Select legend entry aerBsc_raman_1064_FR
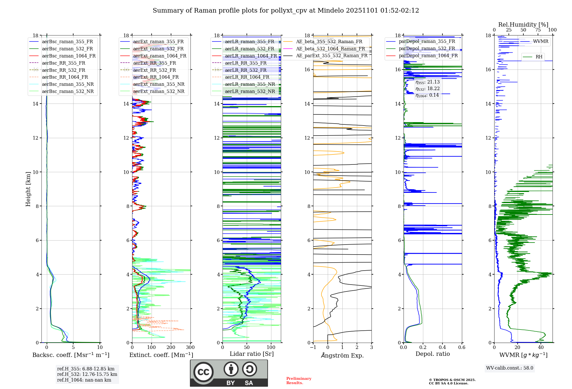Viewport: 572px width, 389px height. [x=69, y=56]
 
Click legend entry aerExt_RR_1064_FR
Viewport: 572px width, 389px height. [x=156, y=77]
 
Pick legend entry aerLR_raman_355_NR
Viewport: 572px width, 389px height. [x=250, y=84]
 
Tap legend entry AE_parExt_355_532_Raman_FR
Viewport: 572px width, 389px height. [x=331, y=56]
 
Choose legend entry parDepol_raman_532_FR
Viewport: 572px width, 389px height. [x=427, y=49]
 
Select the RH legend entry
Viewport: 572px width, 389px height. [x=539, y=57]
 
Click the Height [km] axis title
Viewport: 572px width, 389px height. [x=28, y=189]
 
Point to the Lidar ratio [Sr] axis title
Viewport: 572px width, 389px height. [x=252, y=354]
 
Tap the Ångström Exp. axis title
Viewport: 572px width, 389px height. [x=342, y=356]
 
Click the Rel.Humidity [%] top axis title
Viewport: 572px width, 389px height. [x=523, y=25]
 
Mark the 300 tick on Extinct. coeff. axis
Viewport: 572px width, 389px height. [x=190, y=348]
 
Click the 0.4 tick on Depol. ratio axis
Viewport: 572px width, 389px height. [x=442, y=348]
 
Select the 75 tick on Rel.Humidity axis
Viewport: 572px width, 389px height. [x=538, y=30]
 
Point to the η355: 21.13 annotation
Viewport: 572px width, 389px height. [x=428, y=82]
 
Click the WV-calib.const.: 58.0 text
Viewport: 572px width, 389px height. [x=510, y=368]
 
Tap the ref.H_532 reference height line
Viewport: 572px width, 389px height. [x=87, y=374]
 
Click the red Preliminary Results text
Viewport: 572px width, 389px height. [x=299, y=381]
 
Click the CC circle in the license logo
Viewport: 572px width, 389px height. [x=203, y=372]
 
